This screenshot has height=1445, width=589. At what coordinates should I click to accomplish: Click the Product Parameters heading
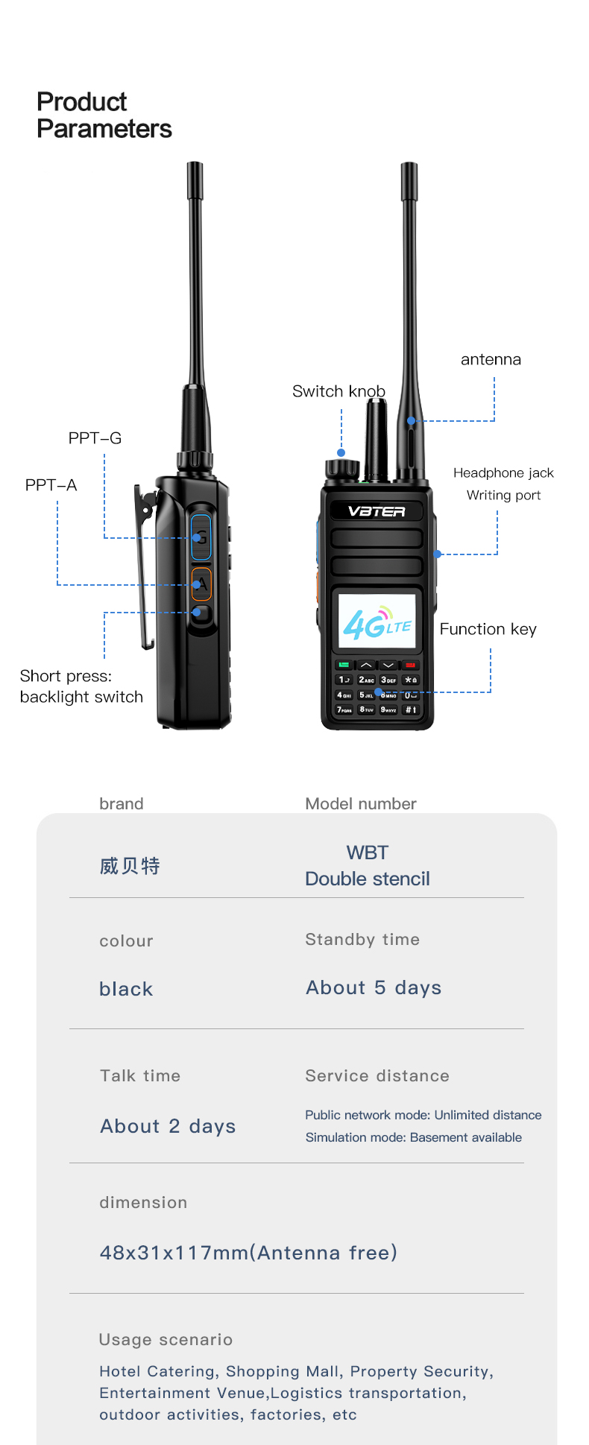104,116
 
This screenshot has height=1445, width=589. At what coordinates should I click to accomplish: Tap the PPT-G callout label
95,438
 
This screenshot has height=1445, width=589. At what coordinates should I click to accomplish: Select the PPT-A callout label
51,485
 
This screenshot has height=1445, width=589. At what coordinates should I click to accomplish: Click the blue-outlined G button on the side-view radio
201,537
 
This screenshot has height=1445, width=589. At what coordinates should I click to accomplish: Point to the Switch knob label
338,391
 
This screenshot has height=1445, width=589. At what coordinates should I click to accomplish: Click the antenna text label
491,359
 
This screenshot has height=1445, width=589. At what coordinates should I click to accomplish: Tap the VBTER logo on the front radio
377,511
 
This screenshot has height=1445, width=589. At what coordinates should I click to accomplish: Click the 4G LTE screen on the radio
377,625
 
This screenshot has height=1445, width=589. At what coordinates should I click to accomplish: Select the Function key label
488,629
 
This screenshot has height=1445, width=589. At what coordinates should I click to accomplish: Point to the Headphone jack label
503,472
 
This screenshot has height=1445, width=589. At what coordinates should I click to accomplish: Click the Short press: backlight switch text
81,686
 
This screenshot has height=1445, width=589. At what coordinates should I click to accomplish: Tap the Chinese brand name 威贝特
130,866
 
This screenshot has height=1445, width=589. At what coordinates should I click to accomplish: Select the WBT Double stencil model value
368,866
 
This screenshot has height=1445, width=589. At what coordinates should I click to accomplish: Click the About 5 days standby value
374,987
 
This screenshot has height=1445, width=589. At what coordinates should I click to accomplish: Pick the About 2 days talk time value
168,1126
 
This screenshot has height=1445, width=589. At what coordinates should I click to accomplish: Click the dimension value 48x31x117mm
248,1253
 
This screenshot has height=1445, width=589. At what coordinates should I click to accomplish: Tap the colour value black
126,989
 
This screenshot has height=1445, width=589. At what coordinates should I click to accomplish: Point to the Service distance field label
377,1075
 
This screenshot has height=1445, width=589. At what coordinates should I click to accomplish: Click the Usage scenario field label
166,1339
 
